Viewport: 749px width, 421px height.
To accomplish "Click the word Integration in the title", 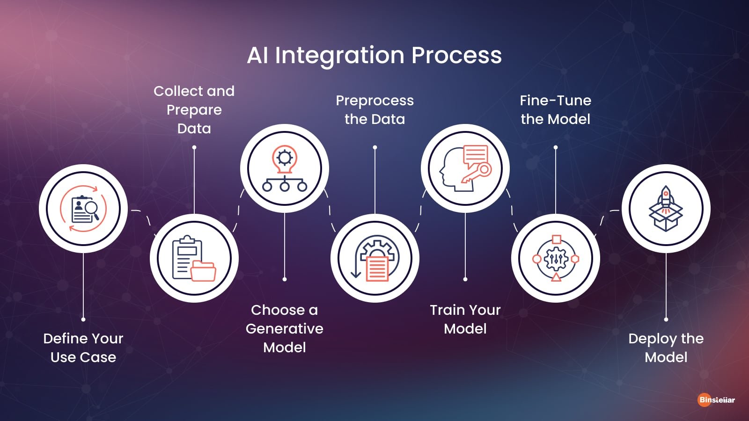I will click(x=339, y=56).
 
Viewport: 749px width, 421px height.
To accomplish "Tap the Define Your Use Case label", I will click(x=83, y=348).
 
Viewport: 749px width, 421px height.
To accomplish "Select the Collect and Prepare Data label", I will click(x=194, y=109).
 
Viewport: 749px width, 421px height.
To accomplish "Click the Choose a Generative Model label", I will click(x=285, y=328).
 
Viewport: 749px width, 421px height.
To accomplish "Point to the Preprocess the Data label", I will click(x=374, y=109).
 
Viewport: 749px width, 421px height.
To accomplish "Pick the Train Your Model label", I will click(x=465, y=319).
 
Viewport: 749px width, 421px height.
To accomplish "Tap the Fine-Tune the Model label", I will click(x=556, y=109).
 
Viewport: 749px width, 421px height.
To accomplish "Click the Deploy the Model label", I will click(x=666, y=348).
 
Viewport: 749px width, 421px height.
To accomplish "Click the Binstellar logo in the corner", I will click(x=716, y=400).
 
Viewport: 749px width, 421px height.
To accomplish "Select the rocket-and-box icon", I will click(x=666, y=209).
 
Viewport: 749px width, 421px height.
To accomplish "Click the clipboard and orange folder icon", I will click(x=194, y=258).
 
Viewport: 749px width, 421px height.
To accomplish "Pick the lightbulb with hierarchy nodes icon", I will click(x=285, y=168).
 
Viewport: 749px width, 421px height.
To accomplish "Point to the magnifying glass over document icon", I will click(x=83, y=209).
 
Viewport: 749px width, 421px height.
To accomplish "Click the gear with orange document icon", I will click(x=374, y=258).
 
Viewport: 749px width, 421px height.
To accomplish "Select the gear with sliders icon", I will click(x=556, y=258).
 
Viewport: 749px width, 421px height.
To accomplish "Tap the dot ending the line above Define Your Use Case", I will click(x=83, y=319).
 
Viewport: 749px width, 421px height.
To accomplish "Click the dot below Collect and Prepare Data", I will click(x=194, y=147).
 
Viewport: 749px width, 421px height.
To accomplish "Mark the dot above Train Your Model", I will click(x=465, y=279).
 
